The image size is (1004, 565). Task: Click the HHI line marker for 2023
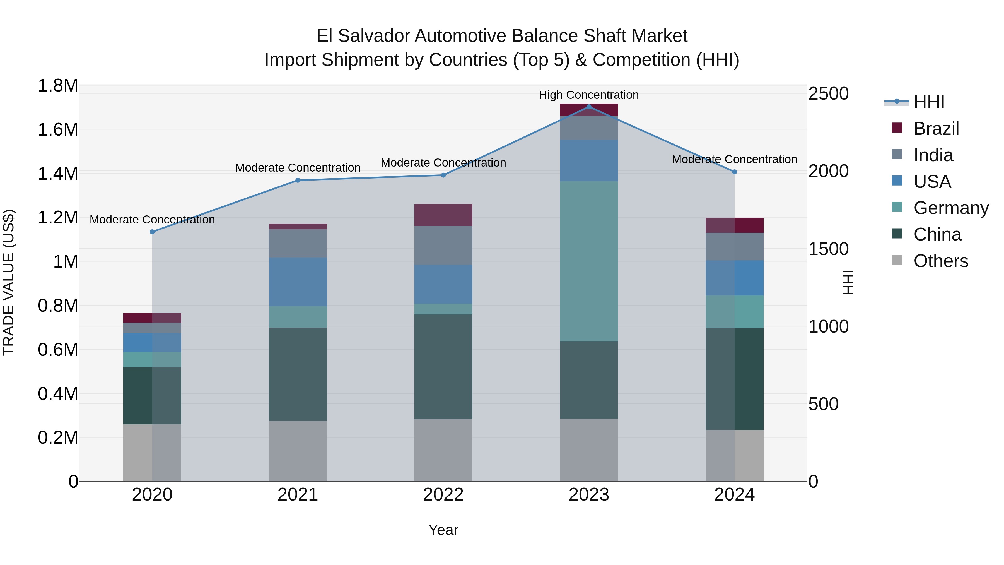click(x=588, y=107)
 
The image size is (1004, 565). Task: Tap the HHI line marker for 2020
click(x=152, y=232)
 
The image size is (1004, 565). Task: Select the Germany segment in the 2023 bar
click(x=588, y=261)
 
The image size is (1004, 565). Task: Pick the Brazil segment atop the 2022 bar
click(x=443, y=215)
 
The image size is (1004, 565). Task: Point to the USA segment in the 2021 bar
click(x=298, y=282)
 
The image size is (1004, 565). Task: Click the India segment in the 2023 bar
click(x=588, y=128)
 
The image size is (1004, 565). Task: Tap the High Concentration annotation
click(x=588, y=95)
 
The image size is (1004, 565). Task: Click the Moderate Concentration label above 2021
click(x=298, y=168)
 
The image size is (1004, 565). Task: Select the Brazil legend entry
click(x=936, y=129)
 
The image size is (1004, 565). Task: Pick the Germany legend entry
click(x=951, y=208)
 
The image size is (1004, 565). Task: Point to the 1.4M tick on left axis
click(x=58, y=174)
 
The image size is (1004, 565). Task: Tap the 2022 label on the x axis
click(x=443, y=495)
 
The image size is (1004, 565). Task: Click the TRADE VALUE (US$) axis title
click(x=9, y=282)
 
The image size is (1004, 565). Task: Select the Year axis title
click(x=443, y=530)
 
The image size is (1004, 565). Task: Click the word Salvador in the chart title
click(x=374, y=36)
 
